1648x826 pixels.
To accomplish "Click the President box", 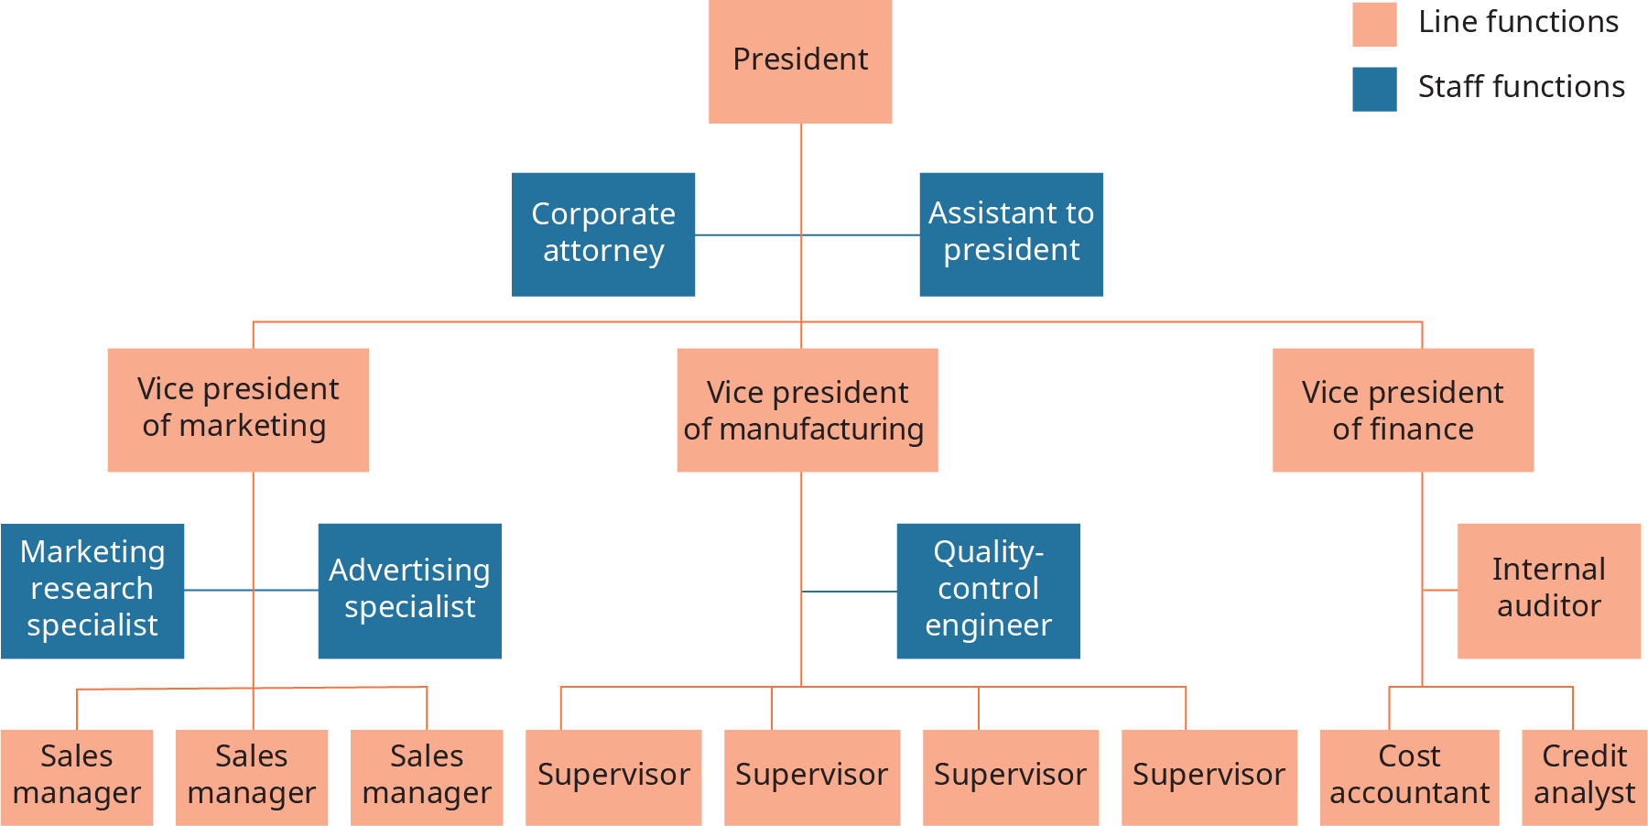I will click(x=800, y=60).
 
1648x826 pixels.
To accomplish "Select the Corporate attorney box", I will click(x=603, y=234).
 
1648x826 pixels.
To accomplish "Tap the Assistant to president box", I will click(x=1011, y=234).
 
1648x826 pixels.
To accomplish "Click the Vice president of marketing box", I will click(x=238, y=409).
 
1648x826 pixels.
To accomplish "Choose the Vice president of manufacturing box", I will click(x=807, y=409).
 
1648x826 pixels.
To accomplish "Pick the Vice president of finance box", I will click(x=1403, y=409).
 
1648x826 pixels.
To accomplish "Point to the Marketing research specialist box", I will click(x=92, y=591).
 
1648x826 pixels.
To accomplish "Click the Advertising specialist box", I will click(x=409, y=591).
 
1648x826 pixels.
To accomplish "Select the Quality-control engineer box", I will click(x=988, y=591).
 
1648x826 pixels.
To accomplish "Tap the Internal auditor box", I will click(x=1549, y=591).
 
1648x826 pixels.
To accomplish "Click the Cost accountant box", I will click(x=1409, y=777).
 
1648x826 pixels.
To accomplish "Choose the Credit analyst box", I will click(x=1584, y=777).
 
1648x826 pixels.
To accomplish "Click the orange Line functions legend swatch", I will click(x=1374, y=24).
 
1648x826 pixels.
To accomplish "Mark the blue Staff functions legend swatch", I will click(x=1374, y=89).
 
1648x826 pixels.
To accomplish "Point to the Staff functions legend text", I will click(x=1521, y=87).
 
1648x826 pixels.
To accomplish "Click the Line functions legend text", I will click(x=1518, y=22).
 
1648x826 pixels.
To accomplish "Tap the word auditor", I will click(x=1549, y=606).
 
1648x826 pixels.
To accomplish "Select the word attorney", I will click(x=603, y=251).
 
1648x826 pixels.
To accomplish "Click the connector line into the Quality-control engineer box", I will click(x=850, y=592).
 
